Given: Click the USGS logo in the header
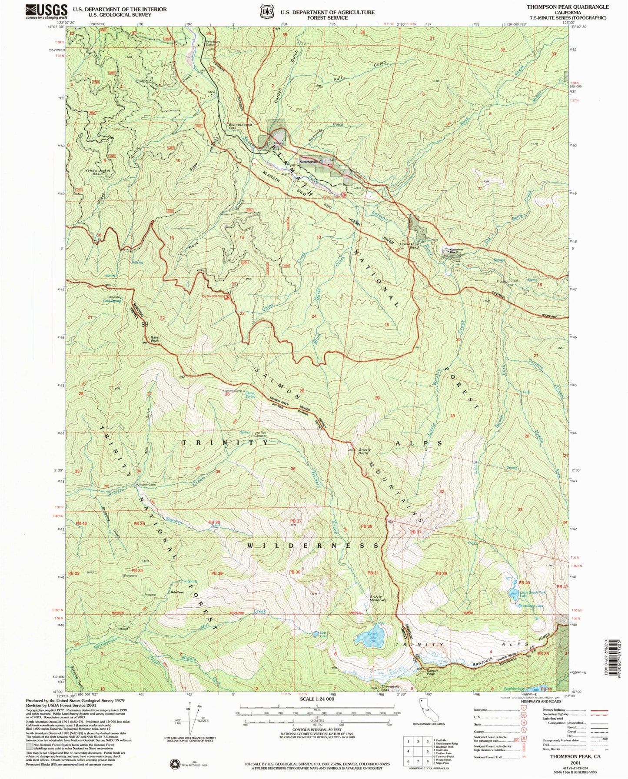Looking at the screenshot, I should [x=47, y=10].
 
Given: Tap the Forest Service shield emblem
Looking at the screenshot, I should [x=266, y=12].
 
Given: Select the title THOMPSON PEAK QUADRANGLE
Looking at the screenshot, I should [x=568, y=7].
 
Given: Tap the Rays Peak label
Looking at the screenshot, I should [x=154, y=340].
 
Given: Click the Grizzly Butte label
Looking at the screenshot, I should [x=363, y=451].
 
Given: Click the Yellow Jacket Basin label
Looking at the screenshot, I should [x=97, y=172].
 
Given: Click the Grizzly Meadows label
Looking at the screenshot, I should [x=378, y=598].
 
